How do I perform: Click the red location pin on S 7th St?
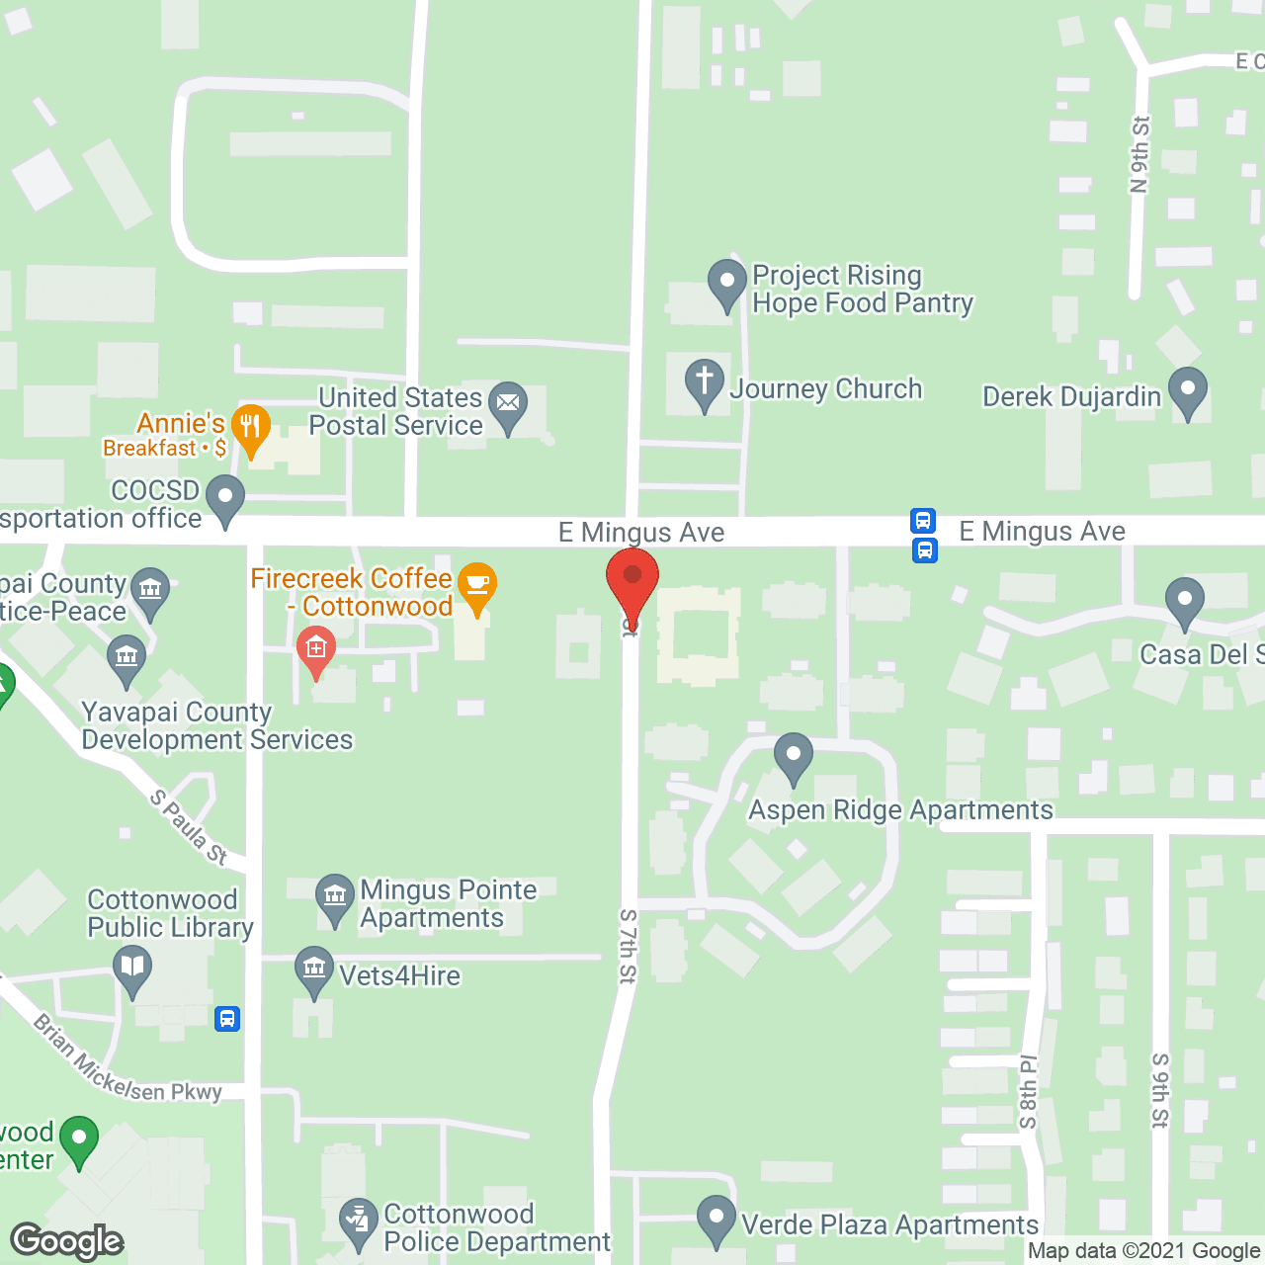pos(632,583)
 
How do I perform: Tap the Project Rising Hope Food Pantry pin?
pos(727,283)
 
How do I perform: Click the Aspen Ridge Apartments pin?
pos(793,756)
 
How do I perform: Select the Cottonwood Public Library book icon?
pos(132,968)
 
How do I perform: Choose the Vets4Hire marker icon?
pos(314,970)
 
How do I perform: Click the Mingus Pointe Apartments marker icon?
pos(335,897)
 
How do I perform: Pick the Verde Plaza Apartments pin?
pos(717,1219)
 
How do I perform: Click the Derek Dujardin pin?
pos(1188,390)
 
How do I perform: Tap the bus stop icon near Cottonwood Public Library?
pos(227,1018)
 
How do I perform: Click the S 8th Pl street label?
pos(1029,1092)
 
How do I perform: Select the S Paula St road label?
pos(189,827)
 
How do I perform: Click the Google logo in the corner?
pos(66,1240)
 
